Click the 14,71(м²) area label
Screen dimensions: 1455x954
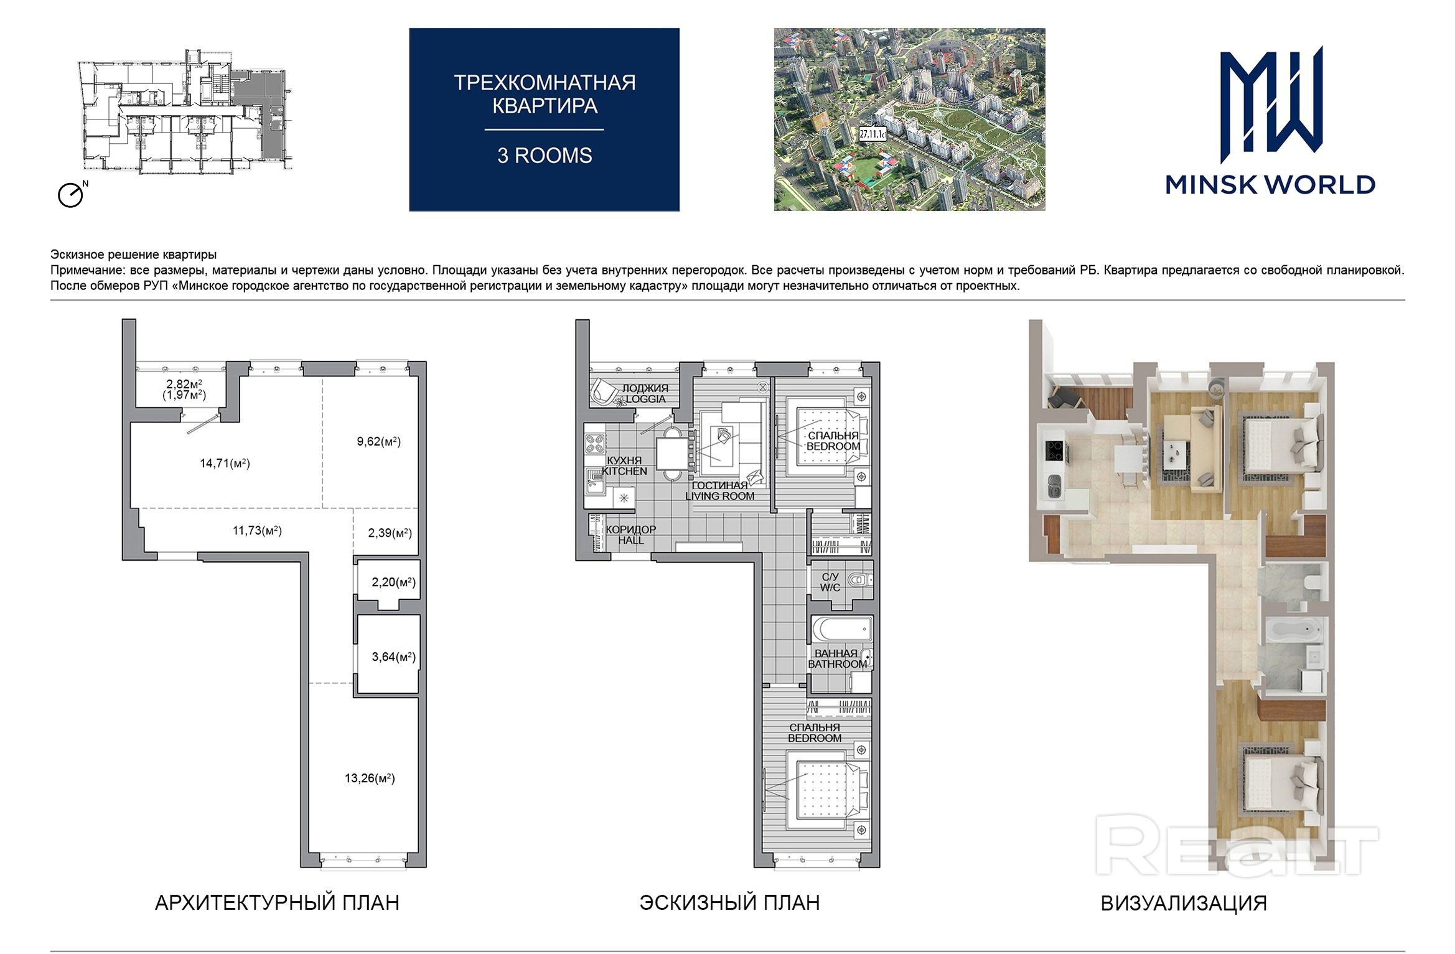click(x=225, y=463)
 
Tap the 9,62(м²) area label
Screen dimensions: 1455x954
click(x=378, y=441)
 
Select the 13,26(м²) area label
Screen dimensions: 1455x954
click(x=370, y=778)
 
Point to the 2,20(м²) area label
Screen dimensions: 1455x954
click(x=393, y=582)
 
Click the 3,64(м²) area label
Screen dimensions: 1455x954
click(x=393, y=657)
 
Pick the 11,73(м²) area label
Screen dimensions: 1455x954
click(x=257, y=530)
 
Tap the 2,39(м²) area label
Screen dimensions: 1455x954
click(x=390, y=533)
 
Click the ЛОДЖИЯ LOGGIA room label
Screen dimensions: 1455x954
click(x=645, y=393)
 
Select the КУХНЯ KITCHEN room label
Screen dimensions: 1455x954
click(x=624, y=465)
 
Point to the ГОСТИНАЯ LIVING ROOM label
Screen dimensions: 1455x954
click(x=720, y=490)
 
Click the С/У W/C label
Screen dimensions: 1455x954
click(x=830, y=582)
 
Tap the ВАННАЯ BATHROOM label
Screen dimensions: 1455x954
click(x=837, y=658)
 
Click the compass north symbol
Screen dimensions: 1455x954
click(x=72, y=194)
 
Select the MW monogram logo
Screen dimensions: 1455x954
click(x=1270, y=108)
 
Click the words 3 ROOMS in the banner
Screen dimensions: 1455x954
click(x=545, y=156)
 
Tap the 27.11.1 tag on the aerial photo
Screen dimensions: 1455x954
click(x=873, y=133)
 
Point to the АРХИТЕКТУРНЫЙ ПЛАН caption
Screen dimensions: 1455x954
click(x=277, y=902)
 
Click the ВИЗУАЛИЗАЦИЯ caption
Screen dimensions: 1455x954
click(x=1184, y=903)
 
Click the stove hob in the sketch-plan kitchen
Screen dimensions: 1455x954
click(x=594, y=442)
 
